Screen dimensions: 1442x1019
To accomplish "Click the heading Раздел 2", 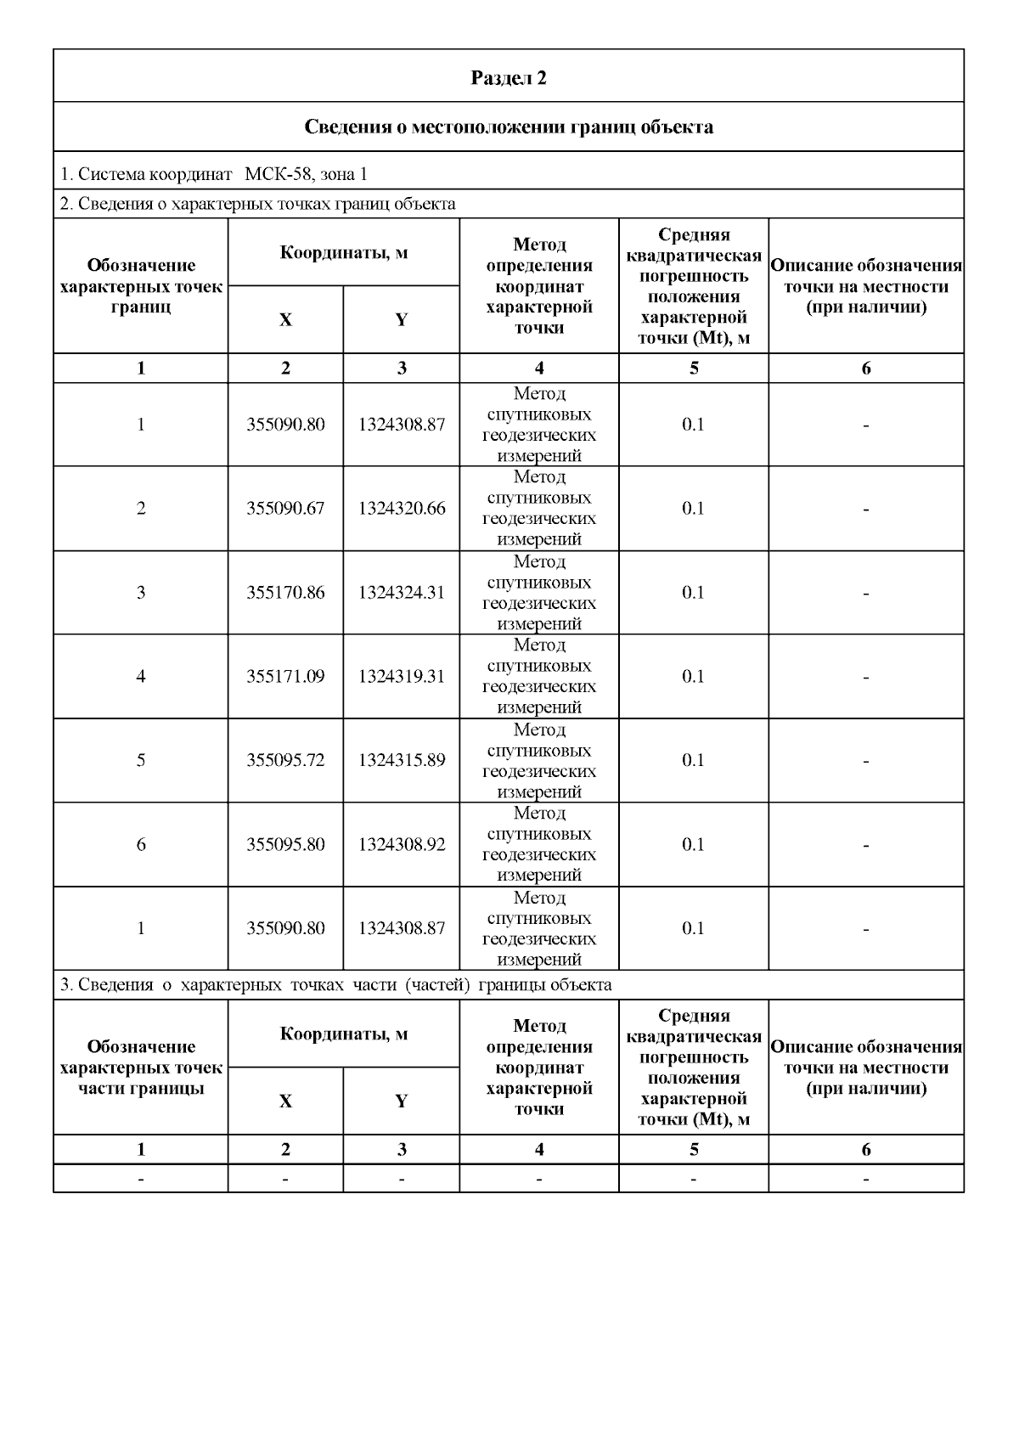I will (x=509, y=78).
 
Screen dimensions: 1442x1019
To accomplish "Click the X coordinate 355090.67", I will (x=285, y=509).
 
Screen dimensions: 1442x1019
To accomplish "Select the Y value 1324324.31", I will (x=401, y=593).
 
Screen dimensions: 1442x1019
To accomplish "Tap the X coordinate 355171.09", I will (x=285, y=677).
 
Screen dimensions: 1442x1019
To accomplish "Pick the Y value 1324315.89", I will (x=401, y=760).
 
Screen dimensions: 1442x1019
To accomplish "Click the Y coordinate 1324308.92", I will (x=401, y=845).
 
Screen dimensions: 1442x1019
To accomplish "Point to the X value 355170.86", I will (x=285, y=593).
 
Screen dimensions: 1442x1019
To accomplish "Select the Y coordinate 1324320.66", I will (x=401, y=509).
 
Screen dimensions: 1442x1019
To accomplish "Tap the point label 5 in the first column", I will (x=141, y=760).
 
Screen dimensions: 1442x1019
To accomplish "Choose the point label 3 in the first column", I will (x=141, y=593).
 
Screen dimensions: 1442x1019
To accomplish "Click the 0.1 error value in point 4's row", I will (x=693, y=677).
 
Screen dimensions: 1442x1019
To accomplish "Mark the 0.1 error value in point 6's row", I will (x=693, y=845).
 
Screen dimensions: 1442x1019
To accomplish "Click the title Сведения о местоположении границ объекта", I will (x=509, y=127).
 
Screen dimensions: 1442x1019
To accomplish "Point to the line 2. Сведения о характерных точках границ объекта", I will (x=258, y=204).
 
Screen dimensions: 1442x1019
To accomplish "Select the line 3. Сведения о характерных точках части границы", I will (x=336, y=985).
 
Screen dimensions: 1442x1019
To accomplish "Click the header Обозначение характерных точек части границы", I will (x=141, y=1067).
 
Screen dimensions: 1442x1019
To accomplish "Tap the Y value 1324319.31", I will (x=401, y=677).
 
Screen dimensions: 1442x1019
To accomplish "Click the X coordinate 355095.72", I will (x=285, y=760).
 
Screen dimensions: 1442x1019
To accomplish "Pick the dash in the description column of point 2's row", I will (x=865, y=510).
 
